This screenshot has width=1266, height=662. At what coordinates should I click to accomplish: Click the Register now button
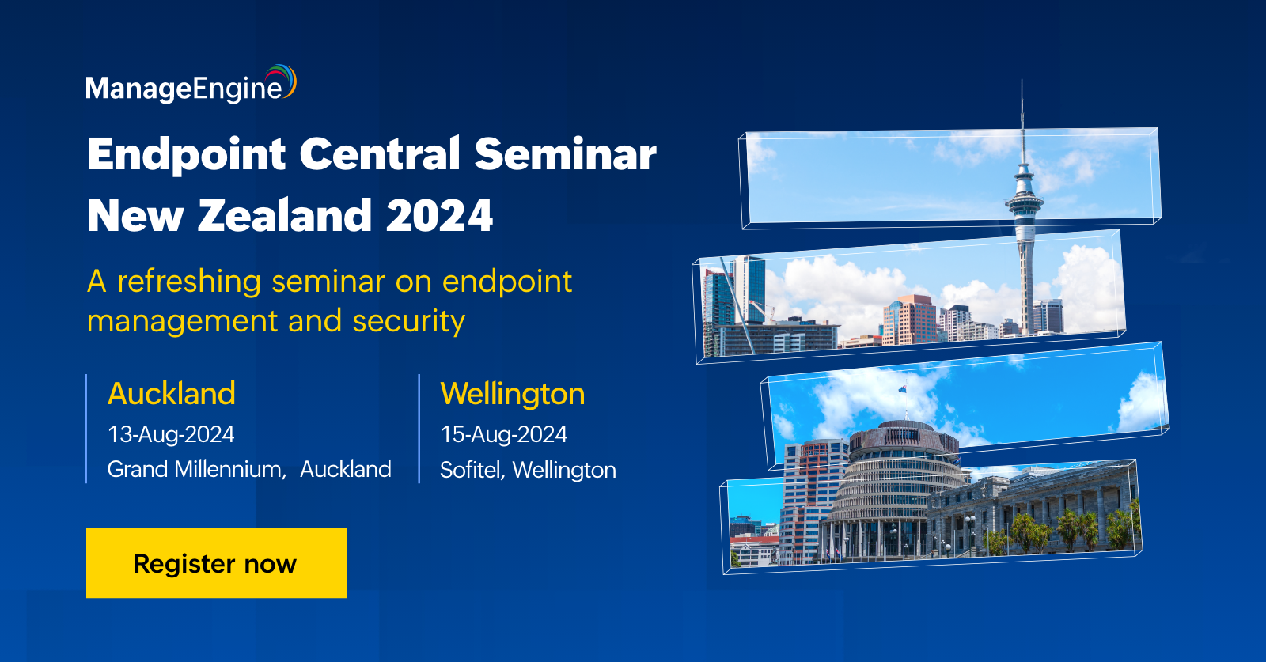pyautogui.click(x=216, y=562)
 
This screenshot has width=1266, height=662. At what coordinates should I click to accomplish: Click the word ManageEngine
pyautogui.click(x=184, y=89)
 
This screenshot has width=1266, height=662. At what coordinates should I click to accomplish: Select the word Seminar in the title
pyautogui.click(x=565, y=153)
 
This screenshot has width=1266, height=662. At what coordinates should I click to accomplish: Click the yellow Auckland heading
pyautogui.click(x=172, y=394)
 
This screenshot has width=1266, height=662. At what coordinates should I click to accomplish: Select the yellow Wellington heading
pyautogui.click(x=513, y=394)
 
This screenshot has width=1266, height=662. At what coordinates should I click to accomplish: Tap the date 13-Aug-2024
pyautogui.click(x=171, y=434)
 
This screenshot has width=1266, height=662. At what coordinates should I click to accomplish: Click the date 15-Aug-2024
pyautogui.click(x=504, y=434)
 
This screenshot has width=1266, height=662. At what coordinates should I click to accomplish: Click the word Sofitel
pyautogui.click(x=471, y=470)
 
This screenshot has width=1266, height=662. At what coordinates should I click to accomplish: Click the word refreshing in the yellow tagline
pyautogui.click(x=189, y=282)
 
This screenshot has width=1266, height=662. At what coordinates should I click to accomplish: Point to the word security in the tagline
pyautogui.click(x=408, y=321)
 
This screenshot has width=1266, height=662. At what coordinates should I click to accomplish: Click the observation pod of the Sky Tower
pyautogui.click(x=1024, y=198)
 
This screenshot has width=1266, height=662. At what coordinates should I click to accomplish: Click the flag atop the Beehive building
pyautogui.click(x=902, y=389)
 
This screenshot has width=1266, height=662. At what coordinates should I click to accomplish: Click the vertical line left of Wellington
pyautogui.click(x=419, y=428)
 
